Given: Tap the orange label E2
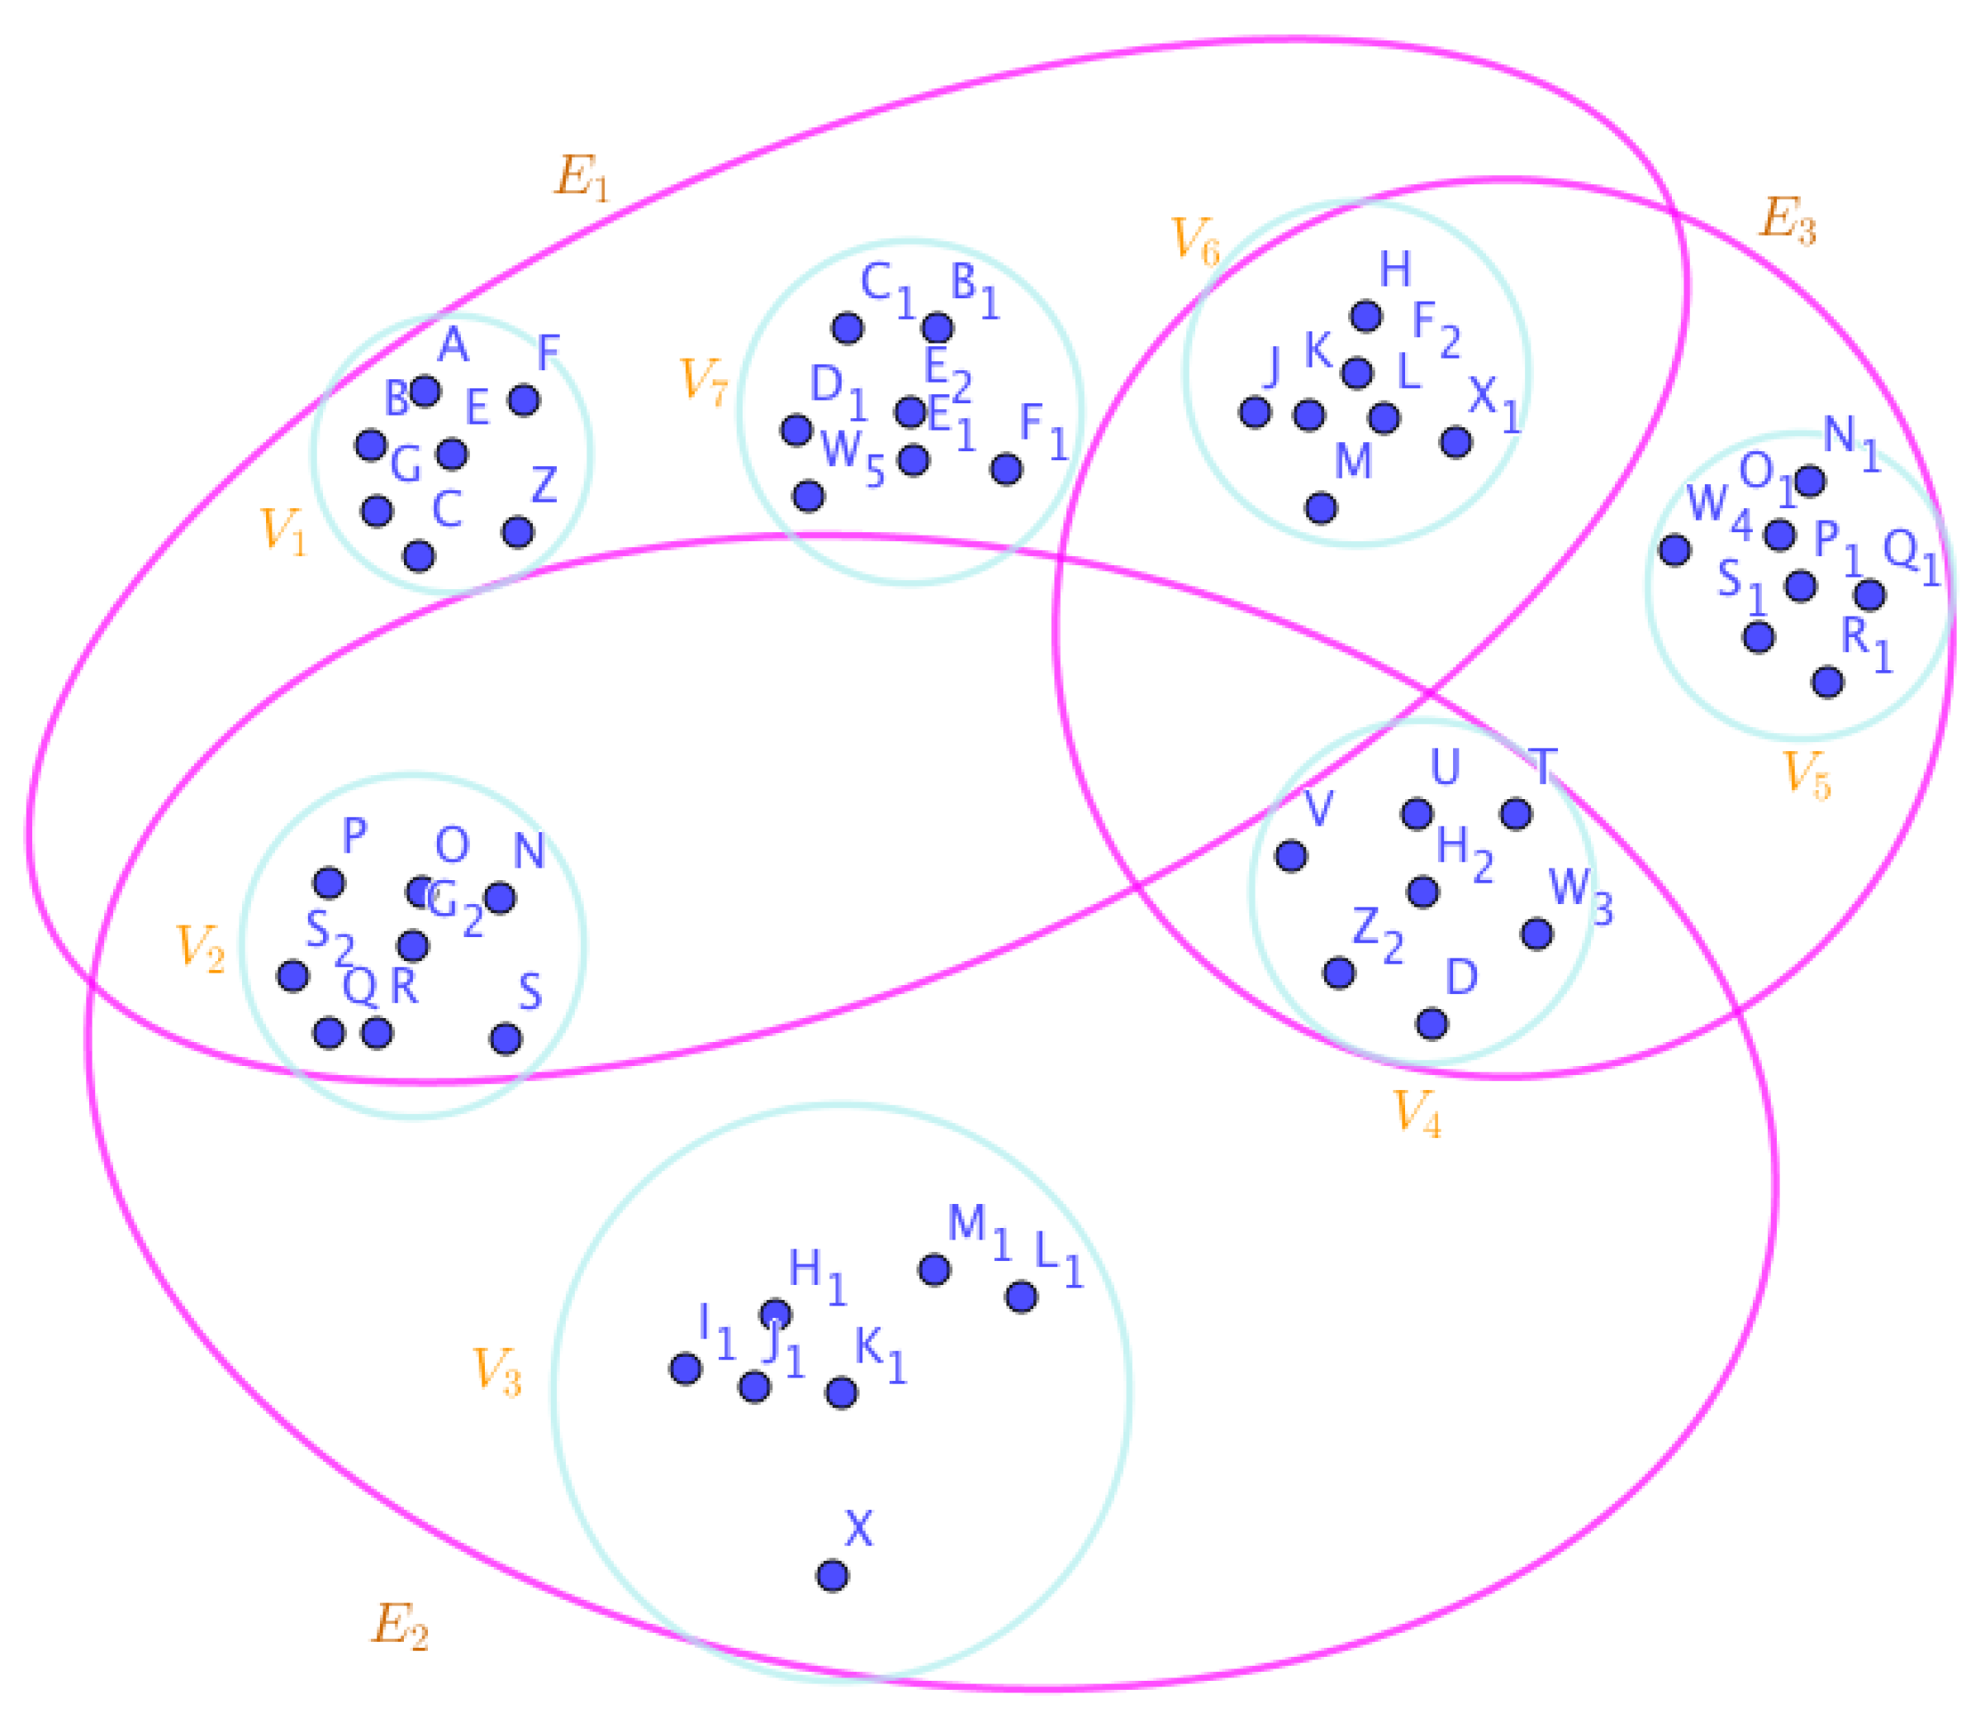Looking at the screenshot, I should pyautogui.click(x=399, y=1627).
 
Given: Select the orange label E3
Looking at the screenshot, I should pyautogui.click(x=1788, y=221).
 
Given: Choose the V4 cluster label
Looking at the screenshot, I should pyautogui.click(x=1417, y=1113).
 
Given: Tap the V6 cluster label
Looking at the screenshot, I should pyautogui.click(x=1196, y=240).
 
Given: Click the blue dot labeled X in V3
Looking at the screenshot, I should pyautogui.click(x=832, y=1575).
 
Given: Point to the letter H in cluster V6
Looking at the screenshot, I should pyautogui.click(x=1395, y=270).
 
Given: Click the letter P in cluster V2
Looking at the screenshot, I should pyautogui.click(x=354, y=836).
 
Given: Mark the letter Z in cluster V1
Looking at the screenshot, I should pyautogui.click(x=544, y=485).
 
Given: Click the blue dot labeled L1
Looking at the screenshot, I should pyautogui.click(x=1022, y=1297).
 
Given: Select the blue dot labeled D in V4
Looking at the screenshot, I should pyautogui.click(x=1432, y=1024).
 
